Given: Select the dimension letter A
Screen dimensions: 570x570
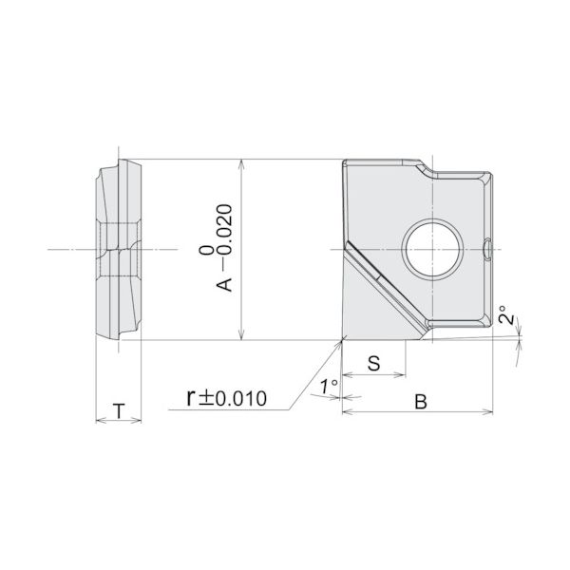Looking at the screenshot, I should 228,283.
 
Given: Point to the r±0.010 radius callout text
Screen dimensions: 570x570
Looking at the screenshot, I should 227,397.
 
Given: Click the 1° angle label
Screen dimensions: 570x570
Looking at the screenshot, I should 329,387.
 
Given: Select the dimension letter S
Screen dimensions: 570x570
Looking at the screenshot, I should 373,363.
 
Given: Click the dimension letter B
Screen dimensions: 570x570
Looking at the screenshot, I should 419,402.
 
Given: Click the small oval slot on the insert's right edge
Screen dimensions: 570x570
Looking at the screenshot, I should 487,249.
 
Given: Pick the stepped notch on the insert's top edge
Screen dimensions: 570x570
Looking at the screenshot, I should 423,170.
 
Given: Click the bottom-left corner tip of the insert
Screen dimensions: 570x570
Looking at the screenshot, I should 342,338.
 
